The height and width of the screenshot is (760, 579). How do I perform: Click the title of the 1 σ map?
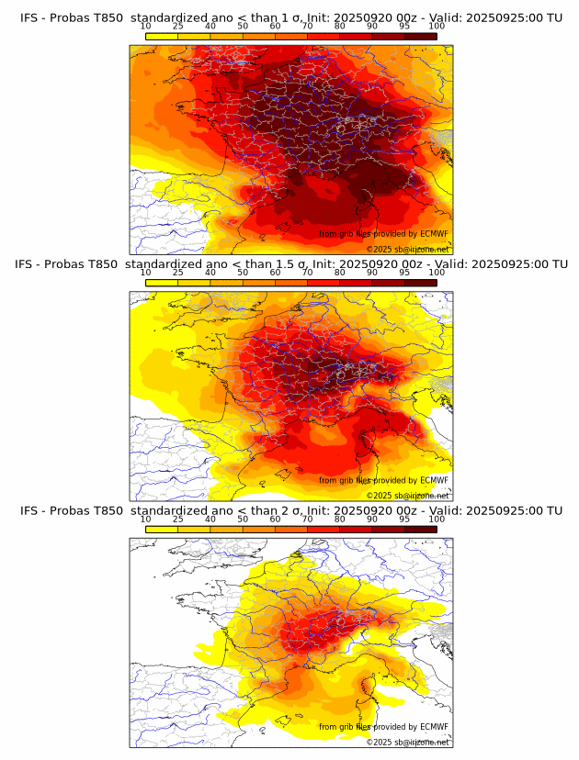click(290, 17)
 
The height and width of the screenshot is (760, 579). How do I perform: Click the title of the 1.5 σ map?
click(290, 264)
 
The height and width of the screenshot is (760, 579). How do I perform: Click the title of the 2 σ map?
click(290, 510)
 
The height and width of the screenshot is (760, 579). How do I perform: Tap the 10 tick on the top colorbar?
click(146, 27)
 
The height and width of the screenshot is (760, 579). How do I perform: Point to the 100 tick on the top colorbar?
click(437, 27)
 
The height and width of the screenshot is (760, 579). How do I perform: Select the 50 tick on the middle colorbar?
click(243, 273)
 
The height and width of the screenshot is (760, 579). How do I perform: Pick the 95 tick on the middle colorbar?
click(404, 273)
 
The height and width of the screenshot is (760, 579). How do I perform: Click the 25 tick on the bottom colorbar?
click(178, 520)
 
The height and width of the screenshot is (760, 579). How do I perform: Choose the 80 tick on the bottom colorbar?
click(340, 520)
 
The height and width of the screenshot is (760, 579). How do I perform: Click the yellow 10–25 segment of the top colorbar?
click(162, 36)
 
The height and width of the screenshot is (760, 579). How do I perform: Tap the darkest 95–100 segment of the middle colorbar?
click(421, 283)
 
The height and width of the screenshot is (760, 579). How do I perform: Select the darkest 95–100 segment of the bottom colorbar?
click(421, 530)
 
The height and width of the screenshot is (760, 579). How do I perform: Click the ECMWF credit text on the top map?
click(383, 234)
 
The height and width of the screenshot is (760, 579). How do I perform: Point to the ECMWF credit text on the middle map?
click(383, 480)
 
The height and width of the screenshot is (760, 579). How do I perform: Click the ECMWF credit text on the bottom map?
click(383, 727)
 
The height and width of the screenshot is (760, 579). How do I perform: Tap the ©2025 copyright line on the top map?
click(407, 249)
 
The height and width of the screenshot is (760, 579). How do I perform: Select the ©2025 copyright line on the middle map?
click(407, 496)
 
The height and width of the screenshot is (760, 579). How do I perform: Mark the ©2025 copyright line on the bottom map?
click(407, 742)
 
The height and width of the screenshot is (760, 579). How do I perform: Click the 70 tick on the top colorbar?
click(308, 27)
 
